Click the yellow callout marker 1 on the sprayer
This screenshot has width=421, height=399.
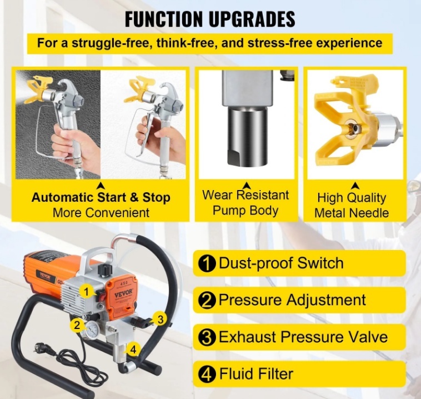click(x=87, y=292)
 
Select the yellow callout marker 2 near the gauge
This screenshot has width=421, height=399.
click(x=77, y=325)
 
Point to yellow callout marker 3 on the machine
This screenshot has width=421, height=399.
click(x=160, y=319)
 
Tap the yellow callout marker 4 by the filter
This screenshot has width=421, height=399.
click(x=133, y=350)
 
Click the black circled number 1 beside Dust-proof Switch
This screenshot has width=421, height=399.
click(x=207, y=264)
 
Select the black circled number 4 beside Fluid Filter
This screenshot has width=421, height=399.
click(x=207, y=374)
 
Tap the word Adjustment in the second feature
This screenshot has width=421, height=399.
click(x=325, y=300)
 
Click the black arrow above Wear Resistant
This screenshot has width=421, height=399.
click(x=247, y=186)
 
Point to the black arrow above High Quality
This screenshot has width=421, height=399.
click(x=356, y=186)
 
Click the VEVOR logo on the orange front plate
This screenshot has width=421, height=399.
click(x=123, y=294)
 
